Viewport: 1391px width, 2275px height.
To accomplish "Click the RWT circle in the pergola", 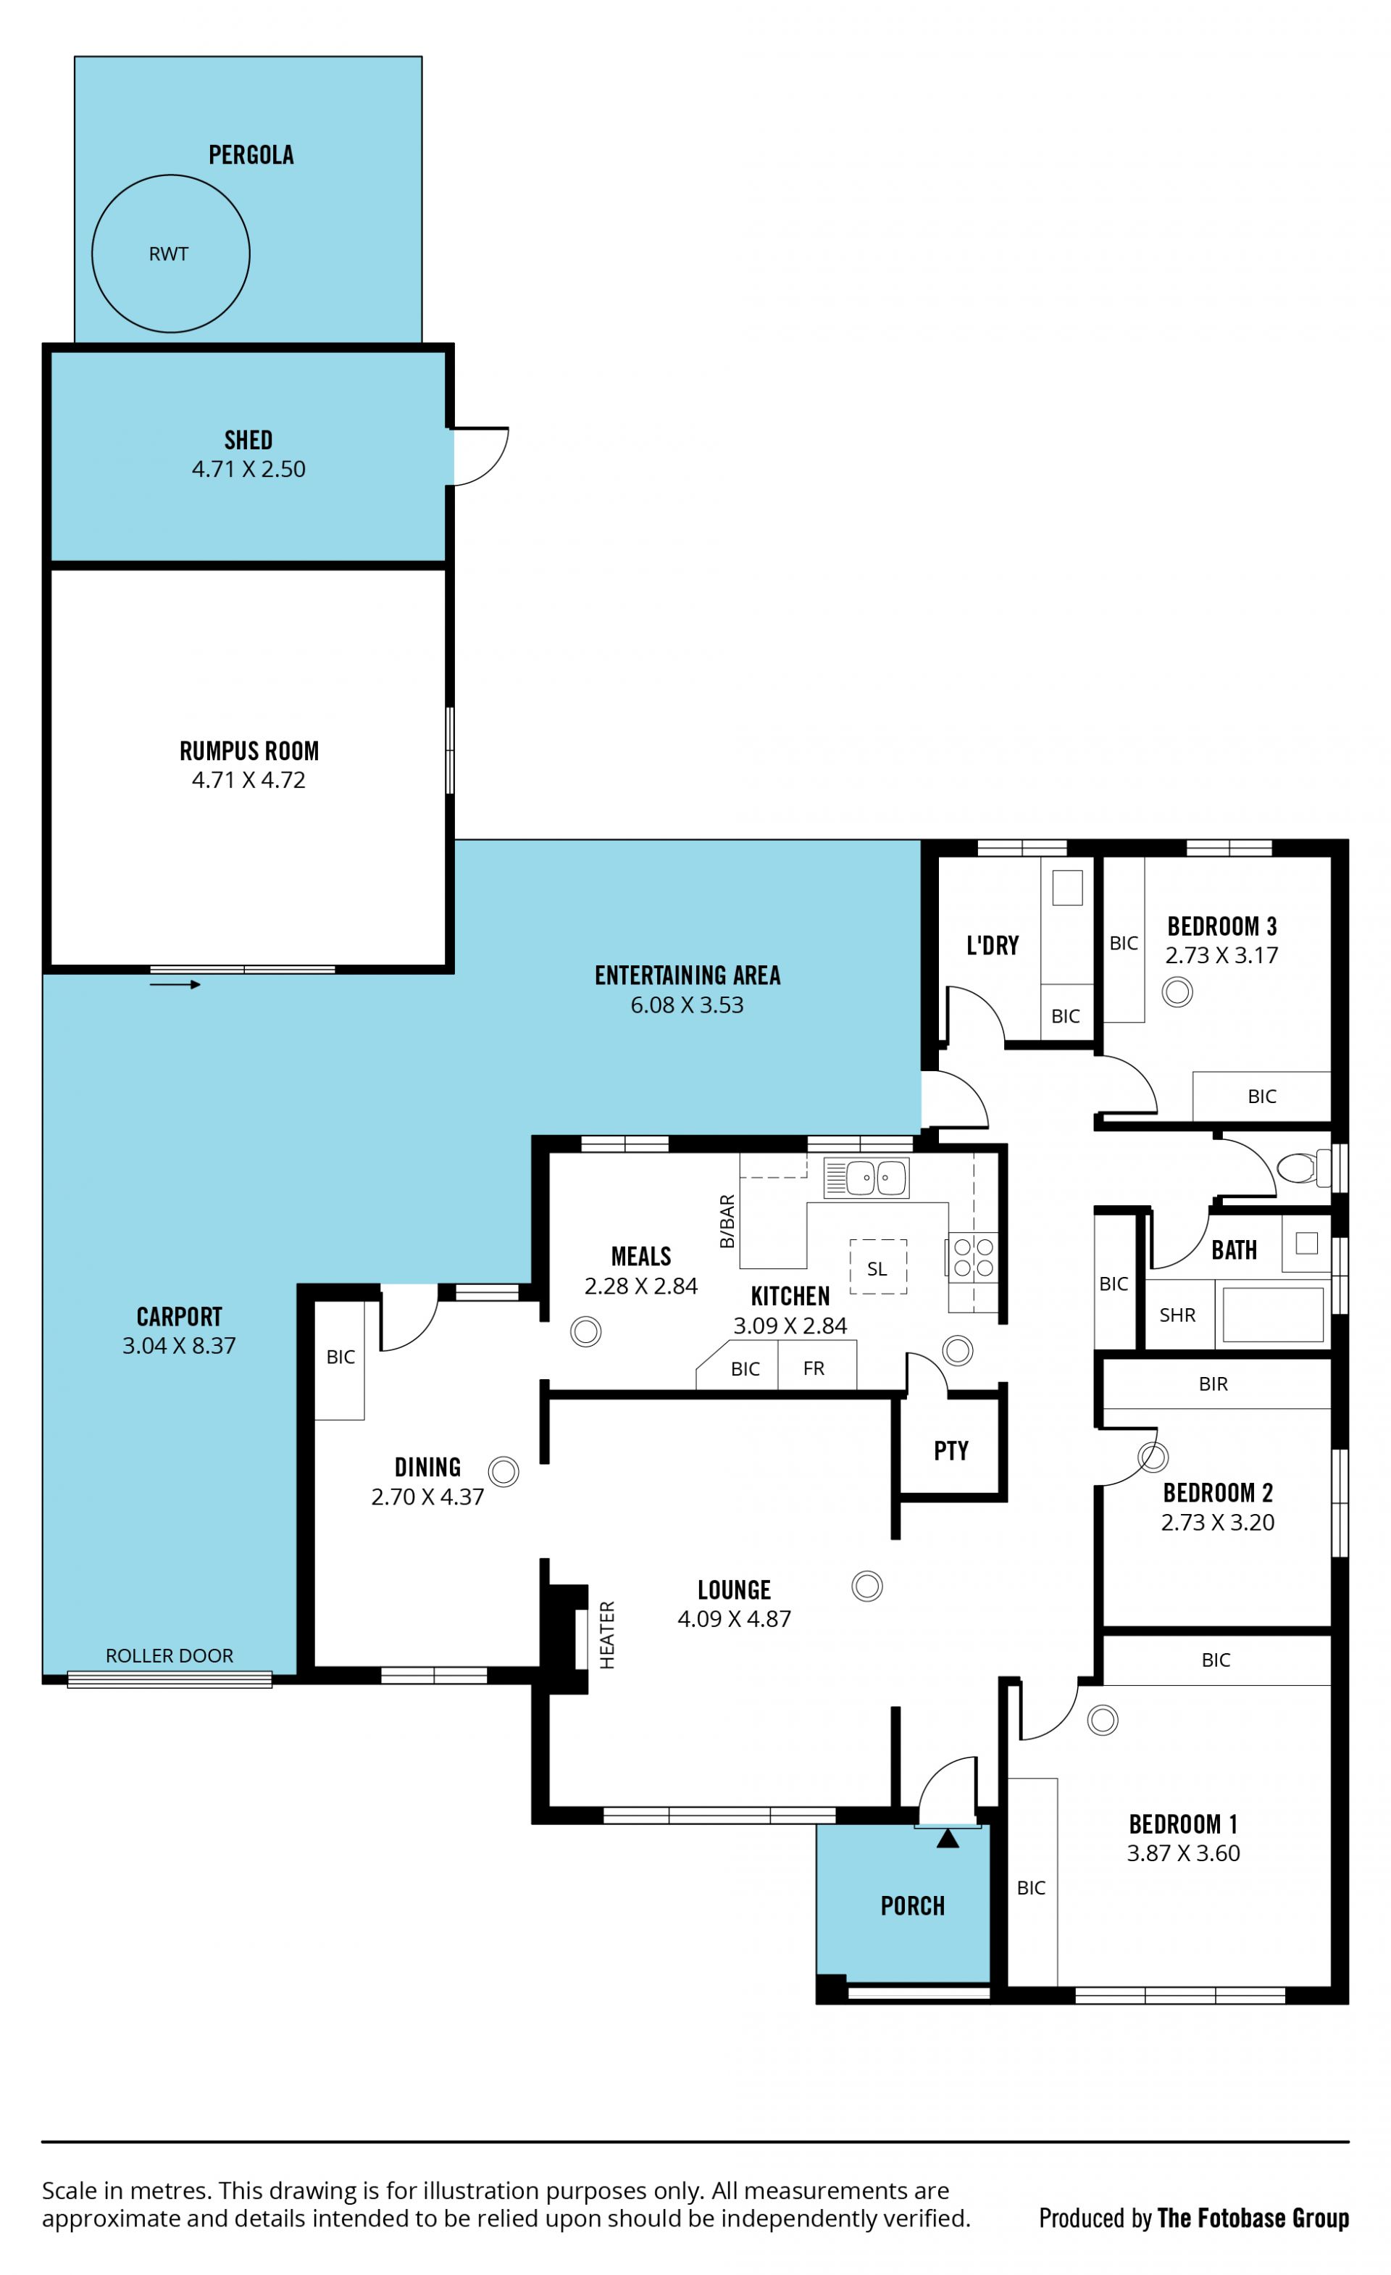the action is tap(171, 175).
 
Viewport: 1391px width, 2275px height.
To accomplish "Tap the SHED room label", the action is tap(248, 441).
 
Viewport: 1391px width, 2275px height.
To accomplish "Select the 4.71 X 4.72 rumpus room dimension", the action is tap(248, 780).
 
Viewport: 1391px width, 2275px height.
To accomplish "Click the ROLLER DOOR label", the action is tap(170, 1655).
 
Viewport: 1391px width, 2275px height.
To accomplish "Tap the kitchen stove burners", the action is tap(974, 1257).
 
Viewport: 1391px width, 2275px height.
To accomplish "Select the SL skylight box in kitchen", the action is tap(878, 1267).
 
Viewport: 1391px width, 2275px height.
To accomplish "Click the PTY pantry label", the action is tap(951, 1450).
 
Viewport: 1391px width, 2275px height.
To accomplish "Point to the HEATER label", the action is tap(606, 1635).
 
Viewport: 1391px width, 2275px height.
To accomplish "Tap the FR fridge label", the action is tap(813, 1368).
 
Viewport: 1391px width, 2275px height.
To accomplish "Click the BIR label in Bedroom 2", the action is tap(1213, 1384).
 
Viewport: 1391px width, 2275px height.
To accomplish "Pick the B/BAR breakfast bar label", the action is tap(727, 1221).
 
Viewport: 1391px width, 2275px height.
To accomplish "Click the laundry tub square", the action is tap(1067, 889).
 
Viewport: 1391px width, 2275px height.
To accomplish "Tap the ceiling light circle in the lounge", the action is tap(866, 1586).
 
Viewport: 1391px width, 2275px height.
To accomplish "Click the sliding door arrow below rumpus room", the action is tap(175, 984).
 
